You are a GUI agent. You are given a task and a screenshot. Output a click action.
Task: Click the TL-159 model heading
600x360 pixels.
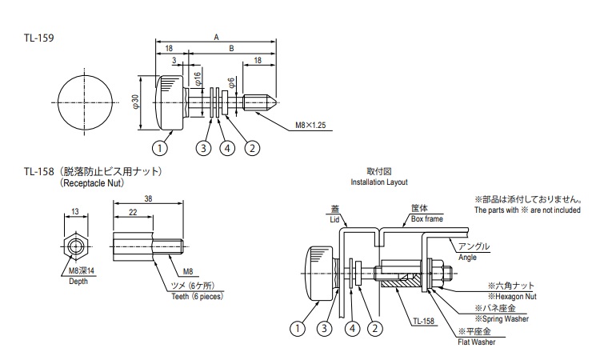point(38,38)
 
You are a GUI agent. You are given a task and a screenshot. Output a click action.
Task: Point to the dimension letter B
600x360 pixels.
point(231,49)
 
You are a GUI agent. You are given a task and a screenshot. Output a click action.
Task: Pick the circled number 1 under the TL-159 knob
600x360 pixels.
point(161,148)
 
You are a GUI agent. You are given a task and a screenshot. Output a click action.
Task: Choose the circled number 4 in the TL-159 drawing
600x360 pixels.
point(228,148)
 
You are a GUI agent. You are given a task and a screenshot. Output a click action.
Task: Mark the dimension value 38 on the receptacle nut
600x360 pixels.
point(150,200)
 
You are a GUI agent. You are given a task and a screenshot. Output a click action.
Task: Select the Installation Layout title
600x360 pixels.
point(380,182)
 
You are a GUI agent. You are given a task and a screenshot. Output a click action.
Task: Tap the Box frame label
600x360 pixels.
point(427,217)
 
